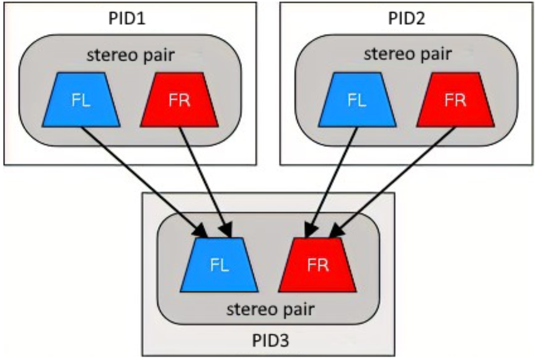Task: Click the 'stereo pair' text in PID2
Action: click(407, 54)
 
